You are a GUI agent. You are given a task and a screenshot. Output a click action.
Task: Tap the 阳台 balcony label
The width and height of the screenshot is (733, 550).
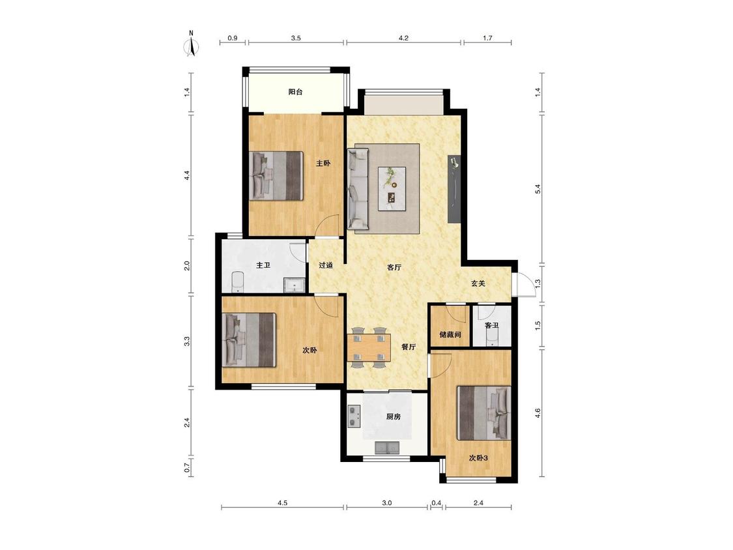point(295,92)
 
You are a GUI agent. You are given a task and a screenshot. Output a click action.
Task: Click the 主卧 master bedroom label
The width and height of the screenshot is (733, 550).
point(323,164)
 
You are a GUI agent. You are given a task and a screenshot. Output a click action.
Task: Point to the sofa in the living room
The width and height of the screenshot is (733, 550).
point(358,189)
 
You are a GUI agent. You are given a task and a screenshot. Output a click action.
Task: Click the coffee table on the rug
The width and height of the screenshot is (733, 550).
point(392,189)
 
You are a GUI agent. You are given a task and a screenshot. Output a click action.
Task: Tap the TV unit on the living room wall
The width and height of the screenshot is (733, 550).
point(454,188)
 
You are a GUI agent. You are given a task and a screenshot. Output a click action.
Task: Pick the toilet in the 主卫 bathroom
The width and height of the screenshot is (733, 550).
point(238,282)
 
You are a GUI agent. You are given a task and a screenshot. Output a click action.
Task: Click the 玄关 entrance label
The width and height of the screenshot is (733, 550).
point(478,283)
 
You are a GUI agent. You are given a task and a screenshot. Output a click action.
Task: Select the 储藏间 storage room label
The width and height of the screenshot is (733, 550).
point(450,335)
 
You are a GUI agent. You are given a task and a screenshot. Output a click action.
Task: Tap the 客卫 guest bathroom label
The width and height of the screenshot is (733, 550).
point(491,326)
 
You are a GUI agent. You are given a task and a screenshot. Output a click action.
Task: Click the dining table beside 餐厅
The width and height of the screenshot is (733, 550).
point(369,347)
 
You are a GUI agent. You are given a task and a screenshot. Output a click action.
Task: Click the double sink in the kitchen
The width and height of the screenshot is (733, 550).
point(388,448)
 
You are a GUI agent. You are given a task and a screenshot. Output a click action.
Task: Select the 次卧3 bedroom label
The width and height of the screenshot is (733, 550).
point(478,458)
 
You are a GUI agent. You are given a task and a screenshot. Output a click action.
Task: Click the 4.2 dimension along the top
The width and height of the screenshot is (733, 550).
point(403,38)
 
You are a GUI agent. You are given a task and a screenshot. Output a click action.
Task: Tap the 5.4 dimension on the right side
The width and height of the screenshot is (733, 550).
point(538,190)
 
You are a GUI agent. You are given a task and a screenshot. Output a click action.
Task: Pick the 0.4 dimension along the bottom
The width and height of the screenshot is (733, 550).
point(436,503)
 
